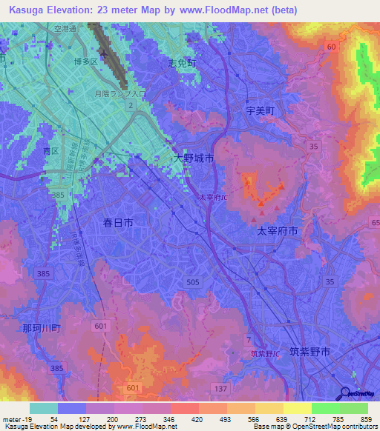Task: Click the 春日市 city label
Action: click(x=118, y=221)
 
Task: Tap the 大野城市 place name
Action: click(x=194, y=158)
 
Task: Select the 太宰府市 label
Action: click(x=277, y=231)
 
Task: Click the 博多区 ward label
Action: click(x=86, y=62)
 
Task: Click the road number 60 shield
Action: click(x=331, y=47)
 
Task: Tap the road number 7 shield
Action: click(x=248, y=338)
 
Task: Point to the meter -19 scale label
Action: click(x=14, y=419)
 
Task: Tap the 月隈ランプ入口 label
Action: click(x=118, y=94)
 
